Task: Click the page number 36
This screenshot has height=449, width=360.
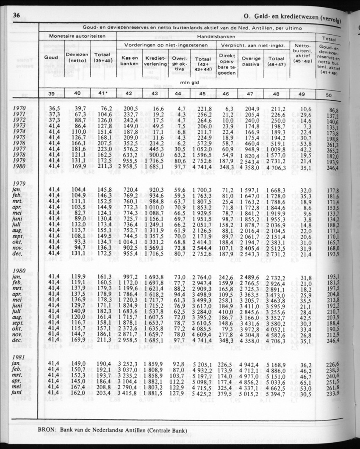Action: [17, 16]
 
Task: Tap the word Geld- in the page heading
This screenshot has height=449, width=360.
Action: [265, 17]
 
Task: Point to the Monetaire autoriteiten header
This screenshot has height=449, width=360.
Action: [77, 36]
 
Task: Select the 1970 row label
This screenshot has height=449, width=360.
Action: [19, 108]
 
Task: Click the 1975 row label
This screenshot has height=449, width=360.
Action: [19, 137]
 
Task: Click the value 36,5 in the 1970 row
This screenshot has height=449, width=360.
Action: [55, 108]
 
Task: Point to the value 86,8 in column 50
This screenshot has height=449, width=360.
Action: [334, 111]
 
